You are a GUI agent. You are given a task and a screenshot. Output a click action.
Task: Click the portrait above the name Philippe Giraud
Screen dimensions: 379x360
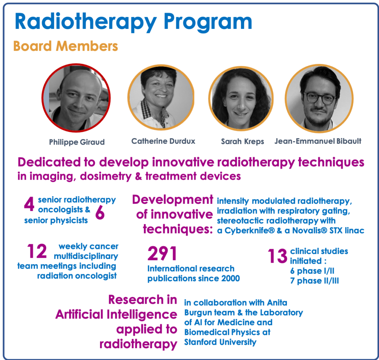click(76, 98)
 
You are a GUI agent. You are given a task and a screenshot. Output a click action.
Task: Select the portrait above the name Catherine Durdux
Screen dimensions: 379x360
click(161, 97)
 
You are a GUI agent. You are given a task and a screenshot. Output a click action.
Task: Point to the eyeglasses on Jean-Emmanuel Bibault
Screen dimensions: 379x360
click(320, 98)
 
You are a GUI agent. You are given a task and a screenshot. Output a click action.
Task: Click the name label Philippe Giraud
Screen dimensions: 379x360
click(77, 142)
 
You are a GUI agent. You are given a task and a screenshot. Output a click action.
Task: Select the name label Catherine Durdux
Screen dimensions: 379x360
click(163, 141)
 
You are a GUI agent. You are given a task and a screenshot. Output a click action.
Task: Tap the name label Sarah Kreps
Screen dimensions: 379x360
click(242, 141)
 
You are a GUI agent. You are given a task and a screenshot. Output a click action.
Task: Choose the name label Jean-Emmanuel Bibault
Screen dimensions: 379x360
click(318, 141)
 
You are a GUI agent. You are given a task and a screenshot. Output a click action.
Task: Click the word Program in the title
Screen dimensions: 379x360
click(208, 22)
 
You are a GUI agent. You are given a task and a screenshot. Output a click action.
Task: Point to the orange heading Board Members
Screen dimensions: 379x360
click(66, 46)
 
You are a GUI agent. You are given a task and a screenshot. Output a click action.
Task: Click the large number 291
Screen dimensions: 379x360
click(162, 253)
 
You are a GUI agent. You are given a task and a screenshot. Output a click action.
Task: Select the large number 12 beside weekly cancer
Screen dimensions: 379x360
click(37, 251)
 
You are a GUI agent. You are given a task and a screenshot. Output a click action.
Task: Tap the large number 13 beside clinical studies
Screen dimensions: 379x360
click(277, 256)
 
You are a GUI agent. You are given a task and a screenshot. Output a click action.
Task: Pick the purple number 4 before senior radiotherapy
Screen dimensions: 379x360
click(29, 204)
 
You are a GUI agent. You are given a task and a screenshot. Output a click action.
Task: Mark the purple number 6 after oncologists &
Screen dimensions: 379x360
click(100, 212)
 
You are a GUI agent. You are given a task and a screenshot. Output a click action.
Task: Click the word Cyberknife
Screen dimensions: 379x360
click(250, 231)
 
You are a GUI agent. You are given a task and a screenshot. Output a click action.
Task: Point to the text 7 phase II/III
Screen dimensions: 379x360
click(315, 281)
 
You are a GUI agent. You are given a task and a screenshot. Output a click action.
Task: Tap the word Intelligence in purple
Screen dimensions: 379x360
click(142, 314)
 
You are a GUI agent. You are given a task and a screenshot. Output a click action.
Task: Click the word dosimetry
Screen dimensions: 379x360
click(105, 177)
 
